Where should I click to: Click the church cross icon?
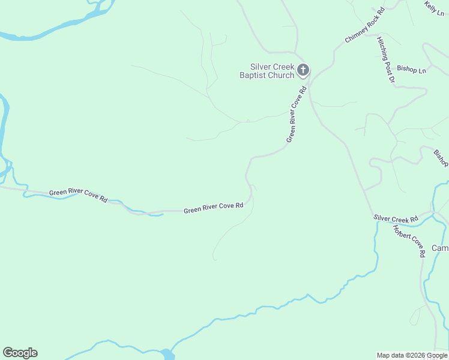[303, 70]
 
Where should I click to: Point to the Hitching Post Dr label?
[386, 60]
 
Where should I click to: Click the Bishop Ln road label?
[412, 70]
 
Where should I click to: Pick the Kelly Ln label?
[434, 8]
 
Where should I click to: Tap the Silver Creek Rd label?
[396, 220]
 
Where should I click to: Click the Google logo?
[20, 353]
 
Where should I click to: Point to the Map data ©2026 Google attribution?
[412, 355]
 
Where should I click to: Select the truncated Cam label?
[441, 248]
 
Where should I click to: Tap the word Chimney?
[354, 34]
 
